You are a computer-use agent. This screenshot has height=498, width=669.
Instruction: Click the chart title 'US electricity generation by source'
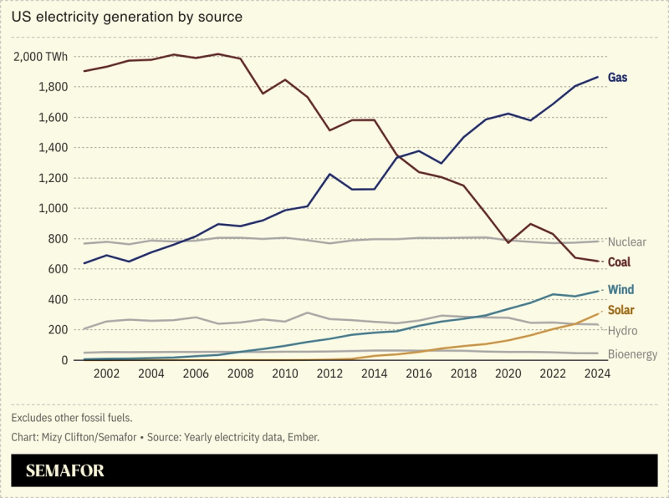point(127,17)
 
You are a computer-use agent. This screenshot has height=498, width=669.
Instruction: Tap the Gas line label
point(617,78)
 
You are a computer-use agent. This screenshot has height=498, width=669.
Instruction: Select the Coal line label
point(619,262)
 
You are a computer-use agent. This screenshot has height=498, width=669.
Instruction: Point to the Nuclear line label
point(626,242)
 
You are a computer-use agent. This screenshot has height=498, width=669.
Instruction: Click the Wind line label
point(620,290)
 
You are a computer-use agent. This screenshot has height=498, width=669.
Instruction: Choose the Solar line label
point(620,310)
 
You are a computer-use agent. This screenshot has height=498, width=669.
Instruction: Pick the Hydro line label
point(622,331)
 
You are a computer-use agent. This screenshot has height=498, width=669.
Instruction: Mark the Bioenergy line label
point(631,353)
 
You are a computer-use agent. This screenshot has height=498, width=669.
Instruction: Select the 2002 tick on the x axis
point(106,373)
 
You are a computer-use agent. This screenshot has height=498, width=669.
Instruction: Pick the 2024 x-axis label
point(598,373)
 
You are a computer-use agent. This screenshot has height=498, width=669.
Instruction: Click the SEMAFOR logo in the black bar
point(65,471)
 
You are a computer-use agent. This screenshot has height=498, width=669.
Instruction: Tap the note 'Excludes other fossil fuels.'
point(72,417)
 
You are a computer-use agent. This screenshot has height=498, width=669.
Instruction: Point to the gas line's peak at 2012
point(330,175)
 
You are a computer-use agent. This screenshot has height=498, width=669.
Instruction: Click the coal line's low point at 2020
point(508,242)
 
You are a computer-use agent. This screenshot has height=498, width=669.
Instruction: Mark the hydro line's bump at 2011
point(308,313)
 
